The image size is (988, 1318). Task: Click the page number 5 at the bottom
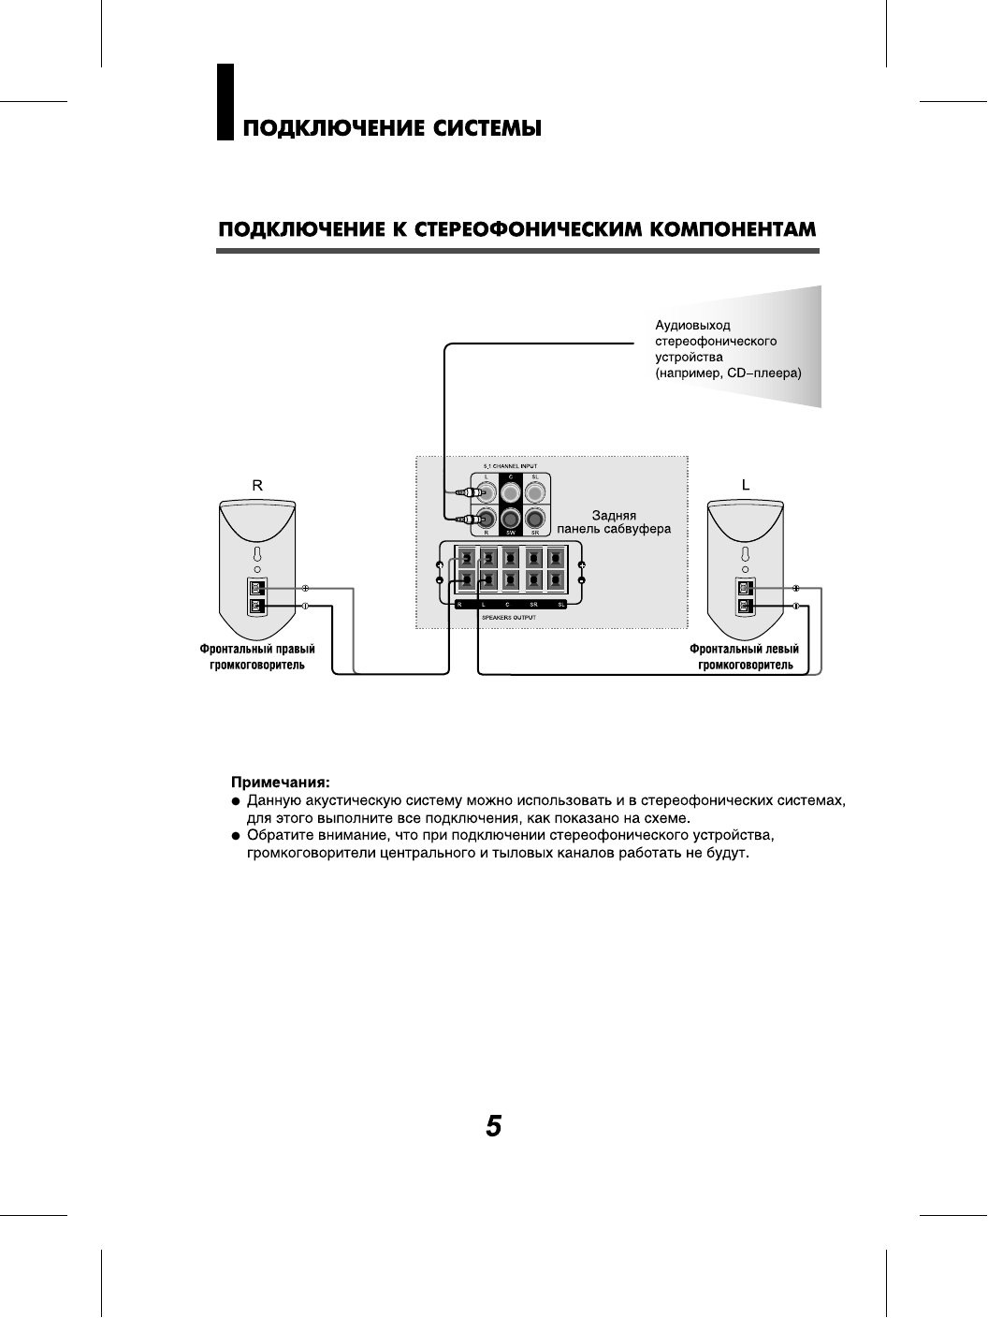click(x=494, y=1126)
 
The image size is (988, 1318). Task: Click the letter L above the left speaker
click(x=746, y=486)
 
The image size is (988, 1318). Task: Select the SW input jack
click(x=510, y=518)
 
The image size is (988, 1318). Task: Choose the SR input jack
click(x=534, y=518)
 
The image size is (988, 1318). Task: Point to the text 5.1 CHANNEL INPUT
click(x=510, y=465)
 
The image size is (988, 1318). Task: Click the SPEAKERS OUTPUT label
click(x=509, y=618)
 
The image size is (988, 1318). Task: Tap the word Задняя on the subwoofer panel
click(x=614, y=515)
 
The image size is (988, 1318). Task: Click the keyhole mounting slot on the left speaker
click(x=745, y=554)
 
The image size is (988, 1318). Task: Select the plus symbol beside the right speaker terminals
click(x=305, y=589)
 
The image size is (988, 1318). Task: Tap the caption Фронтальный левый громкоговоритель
click(x=745, y=657)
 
